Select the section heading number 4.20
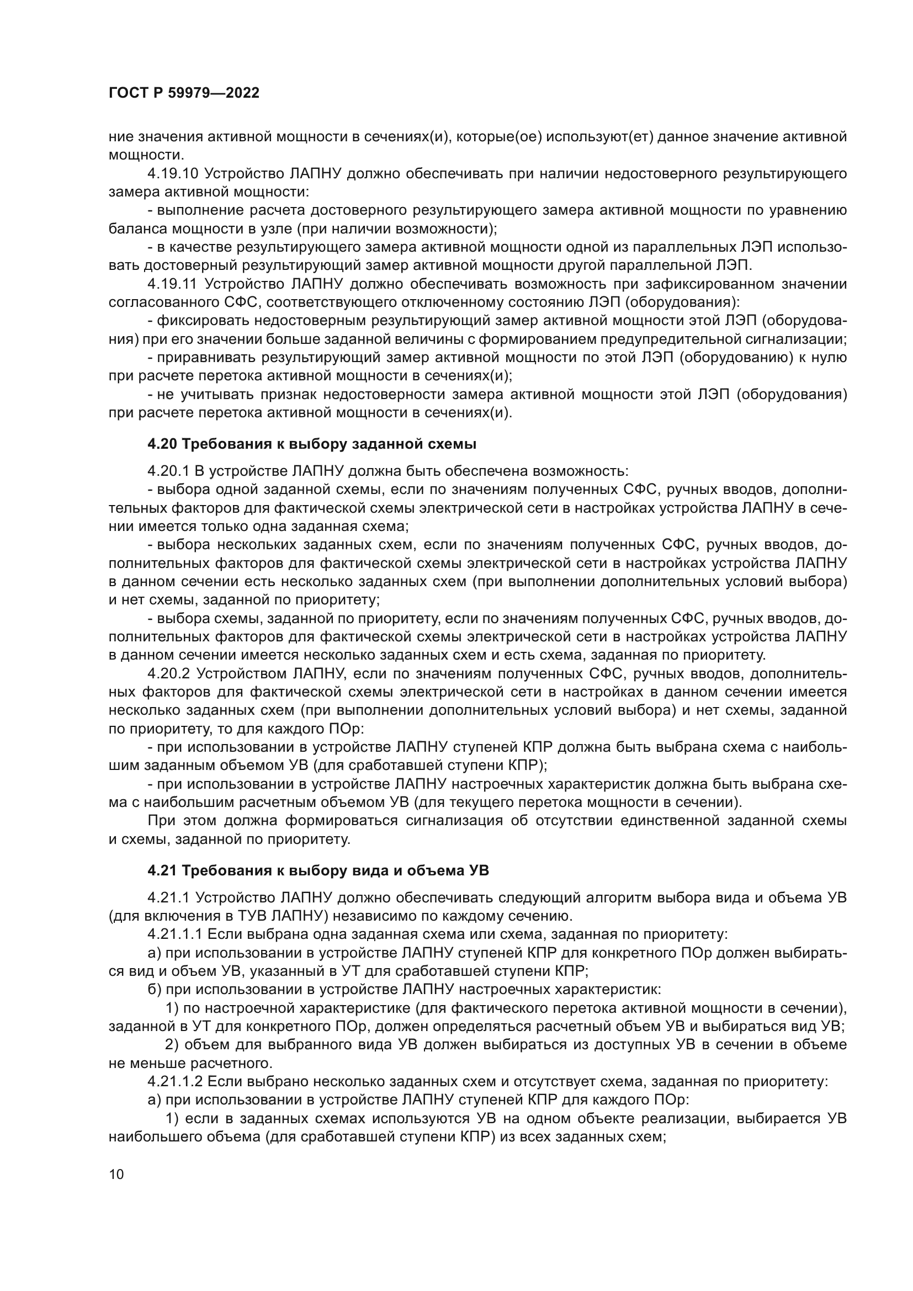point(162,444)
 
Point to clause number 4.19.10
point(173,174)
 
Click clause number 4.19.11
point(172,284)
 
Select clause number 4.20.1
point(167,471)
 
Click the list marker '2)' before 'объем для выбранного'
point(172,1044)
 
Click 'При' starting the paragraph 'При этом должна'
point(161,820)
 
